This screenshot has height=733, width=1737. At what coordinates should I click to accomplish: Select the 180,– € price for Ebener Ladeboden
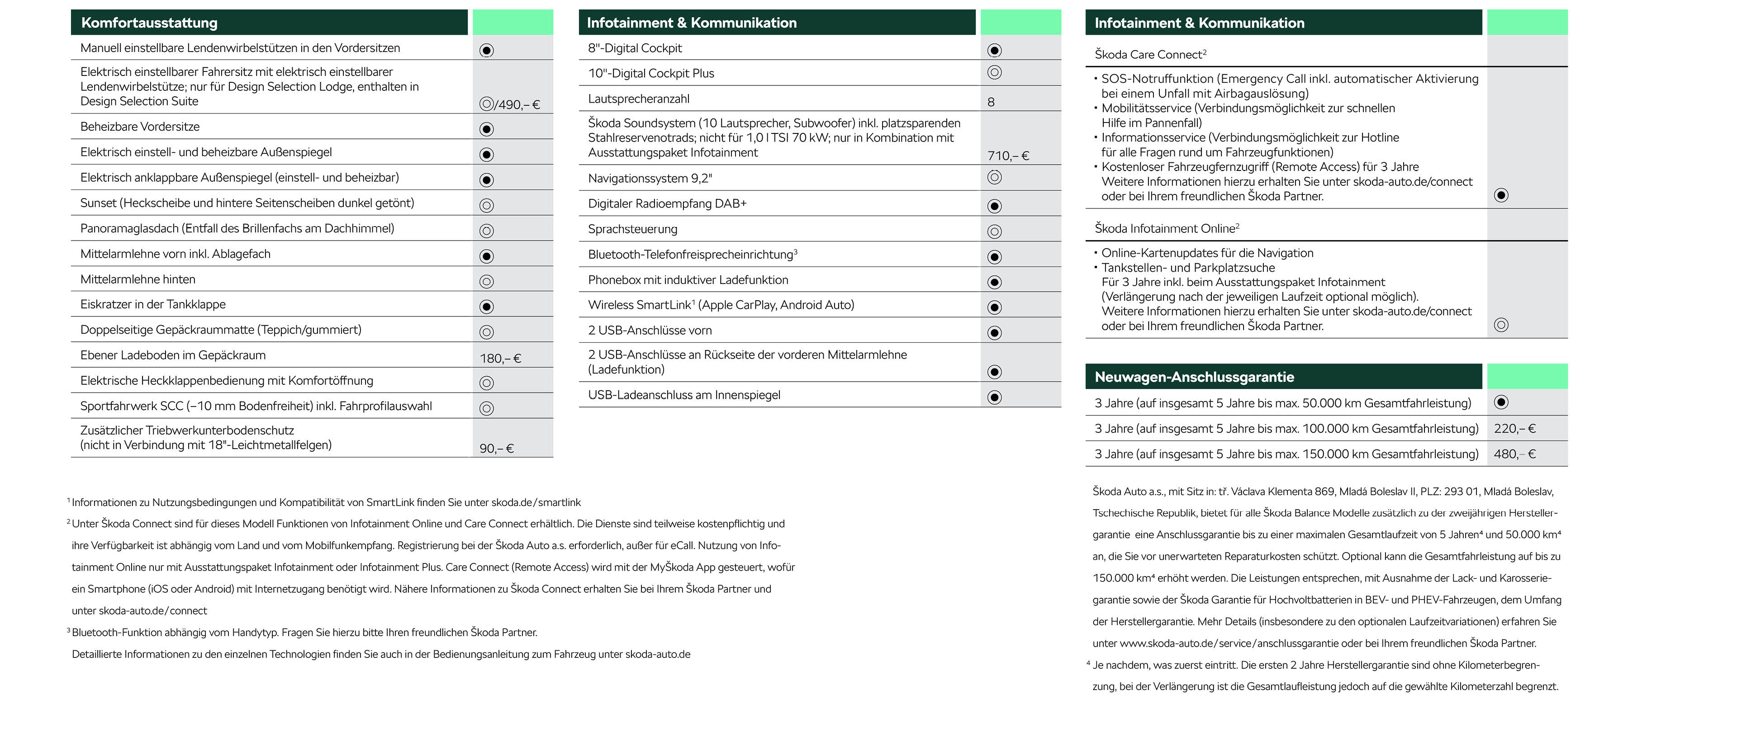500,358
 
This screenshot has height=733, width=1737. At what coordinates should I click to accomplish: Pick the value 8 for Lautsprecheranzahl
991,102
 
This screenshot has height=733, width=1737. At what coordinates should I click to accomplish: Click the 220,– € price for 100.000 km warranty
1514,428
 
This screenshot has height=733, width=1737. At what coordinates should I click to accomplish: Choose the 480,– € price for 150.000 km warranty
1514,454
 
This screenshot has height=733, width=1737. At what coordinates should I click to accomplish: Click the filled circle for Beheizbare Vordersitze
486,129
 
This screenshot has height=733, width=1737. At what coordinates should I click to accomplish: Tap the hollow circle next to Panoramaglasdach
486,231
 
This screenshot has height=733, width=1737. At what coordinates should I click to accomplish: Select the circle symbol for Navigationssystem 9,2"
994,177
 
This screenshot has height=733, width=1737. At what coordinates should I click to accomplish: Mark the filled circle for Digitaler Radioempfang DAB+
994,206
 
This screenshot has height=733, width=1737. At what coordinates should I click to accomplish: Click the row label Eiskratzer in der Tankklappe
152,304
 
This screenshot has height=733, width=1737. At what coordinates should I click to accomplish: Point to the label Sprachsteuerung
632,229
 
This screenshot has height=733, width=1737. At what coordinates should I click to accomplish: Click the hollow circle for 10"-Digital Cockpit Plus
994,72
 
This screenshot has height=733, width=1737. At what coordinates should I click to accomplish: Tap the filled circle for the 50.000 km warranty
1501,402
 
